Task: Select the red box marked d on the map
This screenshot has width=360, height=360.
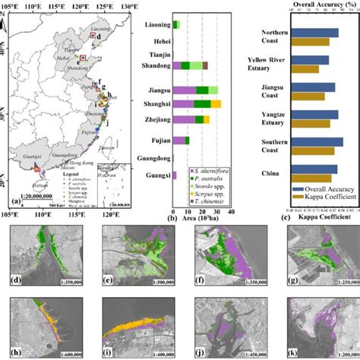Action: [93, 35]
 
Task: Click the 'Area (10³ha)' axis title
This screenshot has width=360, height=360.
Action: [202, 218]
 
